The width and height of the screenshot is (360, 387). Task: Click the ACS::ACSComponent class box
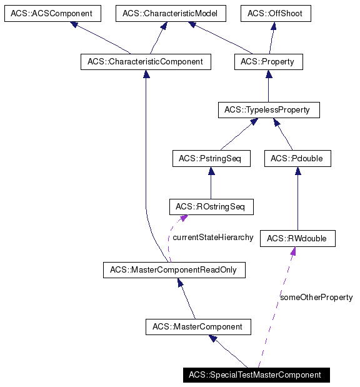tap(52, 13)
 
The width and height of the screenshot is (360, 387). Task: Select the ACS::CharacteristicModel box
tap(169, 13)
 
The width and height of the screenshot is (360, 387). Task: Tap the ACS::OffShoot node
tap(276, 13)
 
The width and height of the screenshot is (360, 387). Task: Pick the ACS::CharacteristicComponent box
tap(146, 62)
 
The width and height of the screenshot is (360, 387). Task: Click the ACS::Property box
tap(268, 62)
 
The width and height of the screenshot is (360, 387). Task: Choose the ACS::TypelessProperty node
tap(268, 110)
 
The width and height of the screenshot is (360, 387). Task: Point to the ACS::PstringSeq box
tap(211, 159)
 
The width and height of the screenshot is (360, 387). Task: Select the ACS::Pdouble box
tap(297, 159)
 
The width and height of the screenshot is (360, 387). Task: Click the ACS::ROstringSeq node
tap(211, 206)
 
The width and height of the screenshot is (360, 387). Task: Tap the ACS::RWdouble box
tap(297, 238)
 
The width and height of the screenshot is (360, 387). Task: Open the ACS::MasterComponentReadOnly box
tap(174, 270)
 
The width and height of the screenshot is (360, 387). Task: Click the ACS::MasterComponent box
tap(197, 326)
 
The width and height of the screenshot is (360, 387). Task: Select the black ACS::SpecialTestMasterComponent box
tap(255, 375)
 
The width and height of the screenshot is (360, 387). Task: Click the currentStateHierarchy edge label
tap(213, 238)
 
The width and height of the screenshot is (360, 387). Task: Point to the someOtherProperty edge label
tap(316, 298)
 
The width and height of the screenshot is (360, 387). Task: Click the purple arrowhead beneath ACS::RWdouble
tap(292, 251)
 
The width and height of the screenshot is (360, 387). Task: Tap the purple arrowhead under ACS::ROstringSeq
tap(184, 219)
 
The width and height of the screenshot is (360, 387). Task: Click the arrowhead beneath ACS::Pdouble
tap(297, 171)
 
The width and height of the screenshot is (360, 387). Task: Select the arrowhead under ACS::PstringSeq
tap(211, 171)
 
